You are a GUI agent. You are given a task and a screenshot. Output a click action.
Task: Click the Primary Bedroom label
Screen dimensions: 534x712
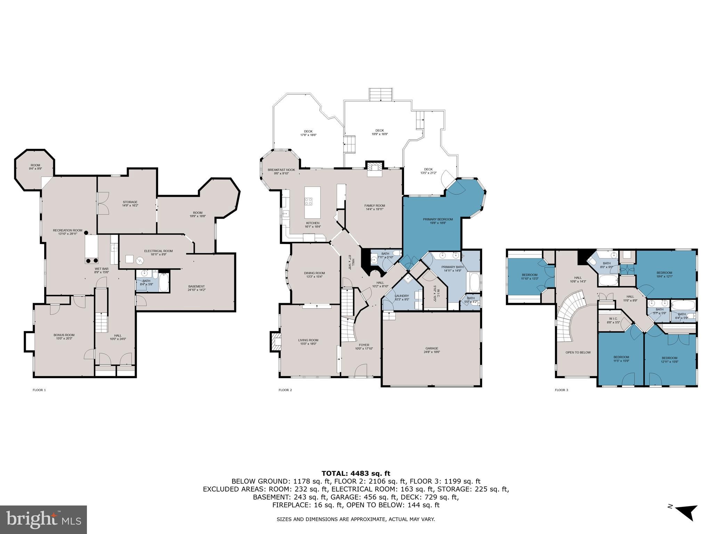(438, 221)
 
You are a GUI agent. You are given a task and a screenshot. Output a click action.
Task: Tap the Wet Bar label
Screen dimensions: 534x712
(102, 270)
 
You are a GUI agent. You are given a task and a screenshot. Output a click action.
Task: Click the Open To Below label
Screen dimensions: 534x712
(578, 353)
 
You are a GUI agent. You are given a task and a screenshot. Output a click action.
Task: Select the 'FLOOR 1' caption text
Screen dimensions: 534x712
(39, 390)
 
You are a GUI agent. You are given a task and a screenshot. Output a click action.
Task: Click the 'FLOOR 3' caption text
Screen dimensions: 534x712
(561, 390)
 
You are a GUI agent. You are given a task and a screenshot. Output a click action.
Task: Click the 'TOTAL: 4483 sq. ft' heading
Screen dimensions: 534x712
(356, 474)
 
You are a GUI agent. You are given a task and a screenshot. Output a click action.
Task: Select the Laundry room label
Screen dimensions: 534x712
(402, 298)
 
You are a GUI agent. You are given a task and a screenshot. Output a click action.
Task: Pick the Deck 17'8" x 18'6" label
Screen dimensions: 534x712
(308, 133)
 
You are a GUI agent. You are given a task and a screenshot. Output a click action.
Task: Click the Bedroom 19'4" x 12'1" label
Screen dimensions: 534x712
(664, 274)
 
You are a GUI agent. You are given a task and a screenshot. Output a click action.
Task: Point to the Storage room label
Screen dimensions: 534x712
(130, 204)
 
